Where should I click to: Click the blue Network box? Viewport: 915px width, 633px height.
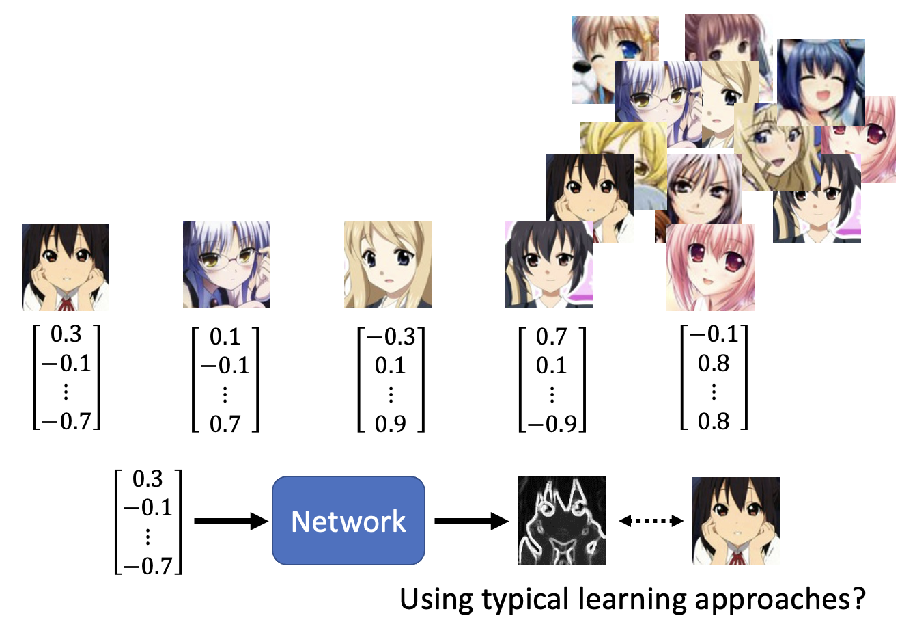coord(348,521)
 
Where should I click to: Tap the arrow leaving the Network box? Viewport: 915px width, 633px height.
coord(471,522)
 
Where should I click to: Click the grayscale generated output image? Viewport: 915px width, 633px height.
coord(561,521)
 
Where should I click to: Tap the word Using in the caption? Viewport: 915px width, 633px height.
coord(436,600)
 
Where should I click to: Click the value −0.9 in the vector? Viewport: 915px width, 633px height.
coord(552,424)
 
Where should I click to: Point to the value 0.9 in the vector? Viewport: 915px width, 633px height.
coord(390,424)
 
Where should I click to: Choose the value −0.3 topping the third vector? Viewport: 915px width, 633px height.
coord(391,336)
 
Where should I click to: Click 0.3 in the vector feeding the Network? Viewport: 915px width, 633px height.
coord(148,479)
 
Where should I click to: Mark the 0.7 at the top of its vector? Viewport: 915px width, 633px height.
coord(551,336)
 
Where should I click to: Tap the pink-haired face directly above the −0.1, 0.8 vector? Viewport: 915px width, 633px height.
coord(710,267)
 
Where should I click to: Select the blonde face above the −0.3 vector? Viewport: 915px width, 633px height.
coord(388,265)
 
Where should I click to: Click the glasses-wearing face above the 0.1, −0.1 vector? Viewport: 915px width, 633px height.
coord(227,265)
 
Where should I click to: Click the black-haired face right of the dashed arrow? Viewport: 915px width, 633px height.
coord(736,521)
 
